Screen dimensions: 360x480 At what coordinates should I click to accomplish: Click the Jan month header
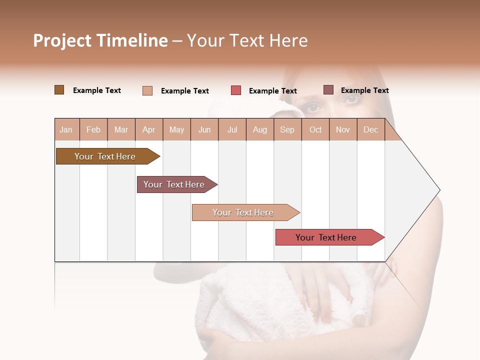[66, 130]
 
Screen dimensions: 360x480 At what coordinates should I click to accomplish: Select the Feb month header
[93, 130]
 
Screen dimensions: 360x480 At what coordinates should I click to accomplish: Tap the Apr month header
[149, 130]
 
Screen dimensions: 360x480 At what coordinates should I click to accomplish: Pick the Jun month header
[204, 130]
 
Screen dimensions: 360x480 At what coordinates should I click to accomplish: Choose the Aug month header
[260, 130]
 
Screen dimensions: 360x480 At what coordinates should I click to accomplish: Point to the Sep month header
[287, 130]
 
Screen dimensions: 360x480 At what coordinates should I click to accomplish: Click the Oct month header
[315, 130]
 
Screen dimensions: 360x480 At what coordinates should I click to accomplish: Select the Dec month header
[370, 130]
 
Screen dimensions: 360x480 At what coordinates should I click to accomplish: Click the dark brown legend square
[59, 90]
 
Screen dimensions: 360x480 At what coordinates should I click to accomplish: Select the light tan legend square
[147, 90]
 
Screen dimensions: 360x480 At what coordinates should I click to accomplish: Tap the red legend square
[236, 90]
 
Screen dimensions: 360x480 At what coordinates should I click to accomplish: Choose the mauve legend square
[328, 90]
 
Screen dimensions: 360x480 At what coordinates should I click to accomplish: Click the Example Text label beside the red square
[272, 91]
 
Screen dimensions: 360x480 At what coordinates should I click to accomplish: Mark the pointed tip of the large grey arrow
[439, 190]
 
